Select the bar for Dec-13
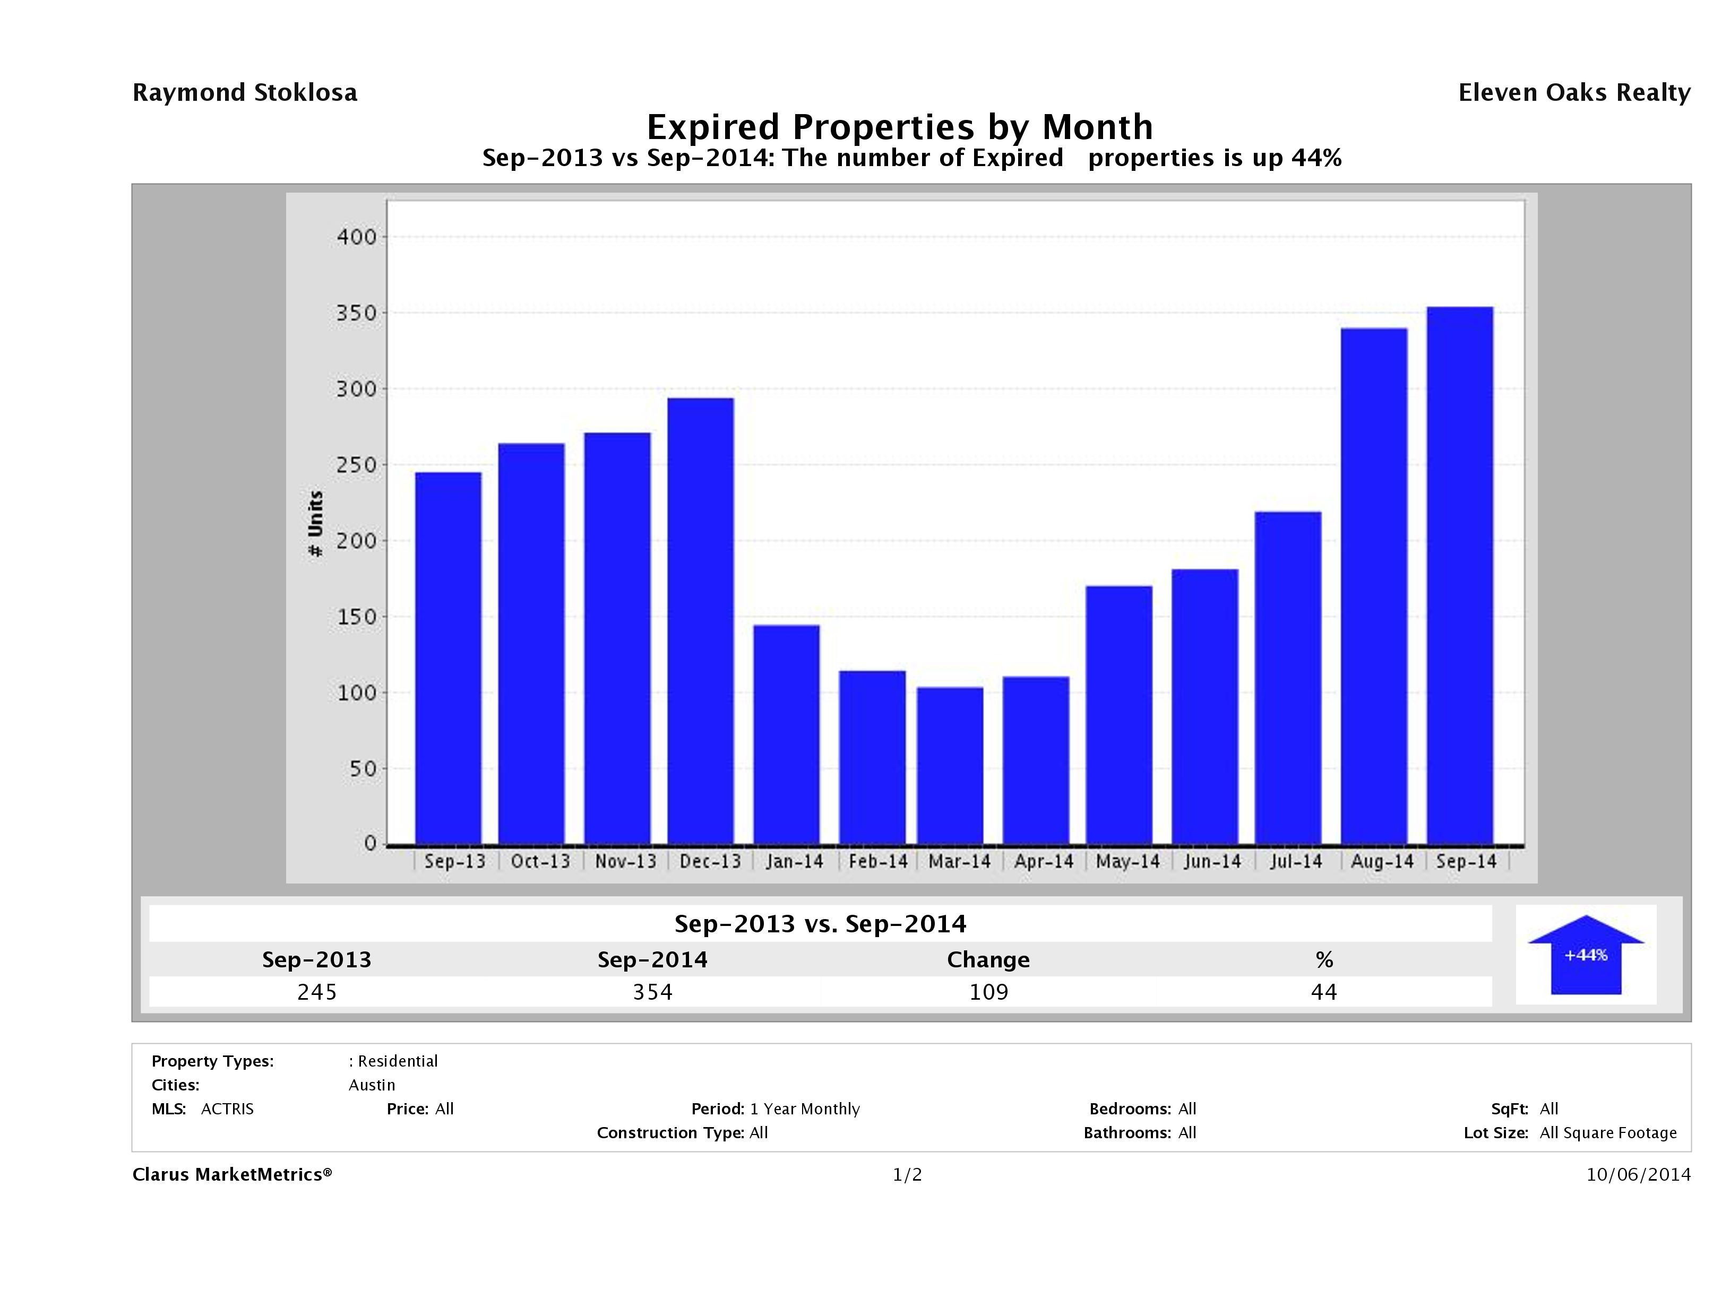pos(700,621)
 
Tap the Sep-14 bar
pos(1460,575)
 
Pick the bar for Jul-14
pos(1288,678)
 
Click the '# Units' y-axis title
pos(316,523)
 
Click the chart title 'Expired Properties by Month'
pos(900,127)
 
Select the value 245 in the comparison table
pos(317,992)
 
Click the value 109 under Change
pos(988,992)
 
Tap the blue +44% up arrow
pos(1585,956)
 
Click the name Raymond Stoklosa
pos(245,93)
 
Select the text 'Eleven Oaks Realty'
pos(1573,93)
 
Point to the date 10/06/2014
pos(1638,1174)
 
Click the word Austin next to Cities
pos(372,1085)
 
